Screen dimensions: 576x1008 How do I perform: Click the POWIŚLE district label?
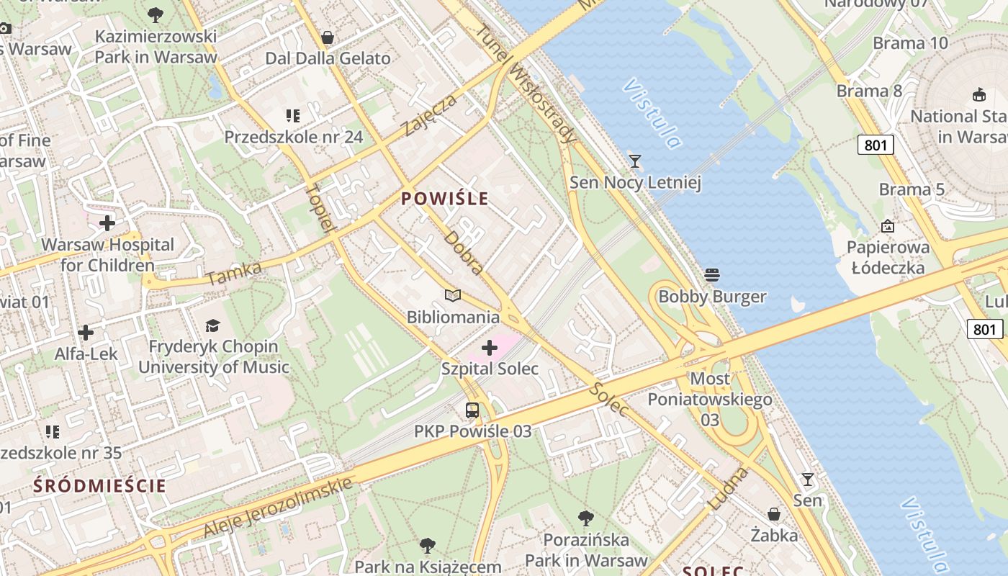coord(445,199)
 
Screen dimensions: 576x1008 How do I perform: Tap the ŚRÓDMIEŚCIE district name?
coord(99,485)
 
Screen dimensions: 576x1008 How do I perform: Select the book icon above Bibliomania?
coord(453,295)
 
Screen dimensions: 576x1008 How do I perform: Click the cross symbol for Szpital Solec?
coord(490,348)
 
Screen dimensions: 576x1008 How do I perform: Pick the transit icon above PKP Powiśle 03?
coord(472,410)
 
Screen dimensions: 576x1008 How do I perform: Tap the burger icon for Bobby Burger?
coord(713,274)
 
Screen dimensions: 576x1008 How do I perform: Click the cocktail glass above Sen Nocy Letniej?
coord(635,161)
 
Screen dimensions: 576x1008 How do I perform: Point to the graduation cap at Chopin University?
coord(213,325)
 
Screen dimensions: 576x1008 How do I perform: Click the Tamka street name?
coord(234,273)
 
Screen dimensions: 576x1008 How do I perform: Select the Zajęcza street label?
coord(430,115)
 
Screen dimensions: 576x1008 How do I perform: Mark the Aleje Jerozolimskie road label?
coord(278,506)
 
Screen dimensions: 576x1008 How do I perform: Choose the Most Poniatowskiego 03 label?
coord(710,399)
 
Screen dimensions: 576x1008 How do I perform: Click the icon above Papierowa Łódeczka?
coord(888,226)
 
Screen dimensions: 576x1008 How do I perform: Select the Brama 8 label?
coord(869,91)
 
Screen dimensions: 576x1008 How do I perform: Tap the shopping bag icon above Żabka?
coord(774,514)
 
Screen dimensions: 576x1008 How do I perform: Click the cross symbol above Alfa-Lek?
coord(86,333)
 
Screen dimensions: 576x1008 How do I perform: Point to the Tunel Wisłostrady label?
coord(526,83)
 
